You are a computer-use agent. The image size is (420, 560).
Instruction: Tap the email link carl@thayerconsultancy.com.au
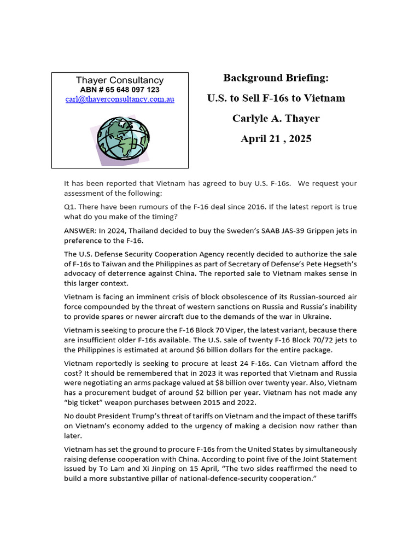click(x=120, y=100)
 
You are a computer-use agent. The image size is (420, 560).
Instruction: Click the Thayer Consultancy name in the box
click(x=120, y=80)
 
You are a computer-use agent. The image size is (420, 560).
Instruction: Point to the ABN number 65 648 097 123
click(x=120, y=90)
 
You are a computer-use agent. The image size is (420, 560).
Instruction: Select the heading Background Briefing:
click(x=276, y=78)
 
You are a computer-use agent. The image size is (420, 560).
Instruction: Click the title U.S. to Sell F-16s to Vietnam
click(x=276, y=98)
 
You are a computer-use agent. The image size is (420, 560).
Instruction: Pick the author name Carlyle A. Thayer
click(x=276, y=119)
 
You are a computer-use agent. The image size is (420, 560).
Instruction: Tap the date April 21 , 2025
click(x=276, y=139)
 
